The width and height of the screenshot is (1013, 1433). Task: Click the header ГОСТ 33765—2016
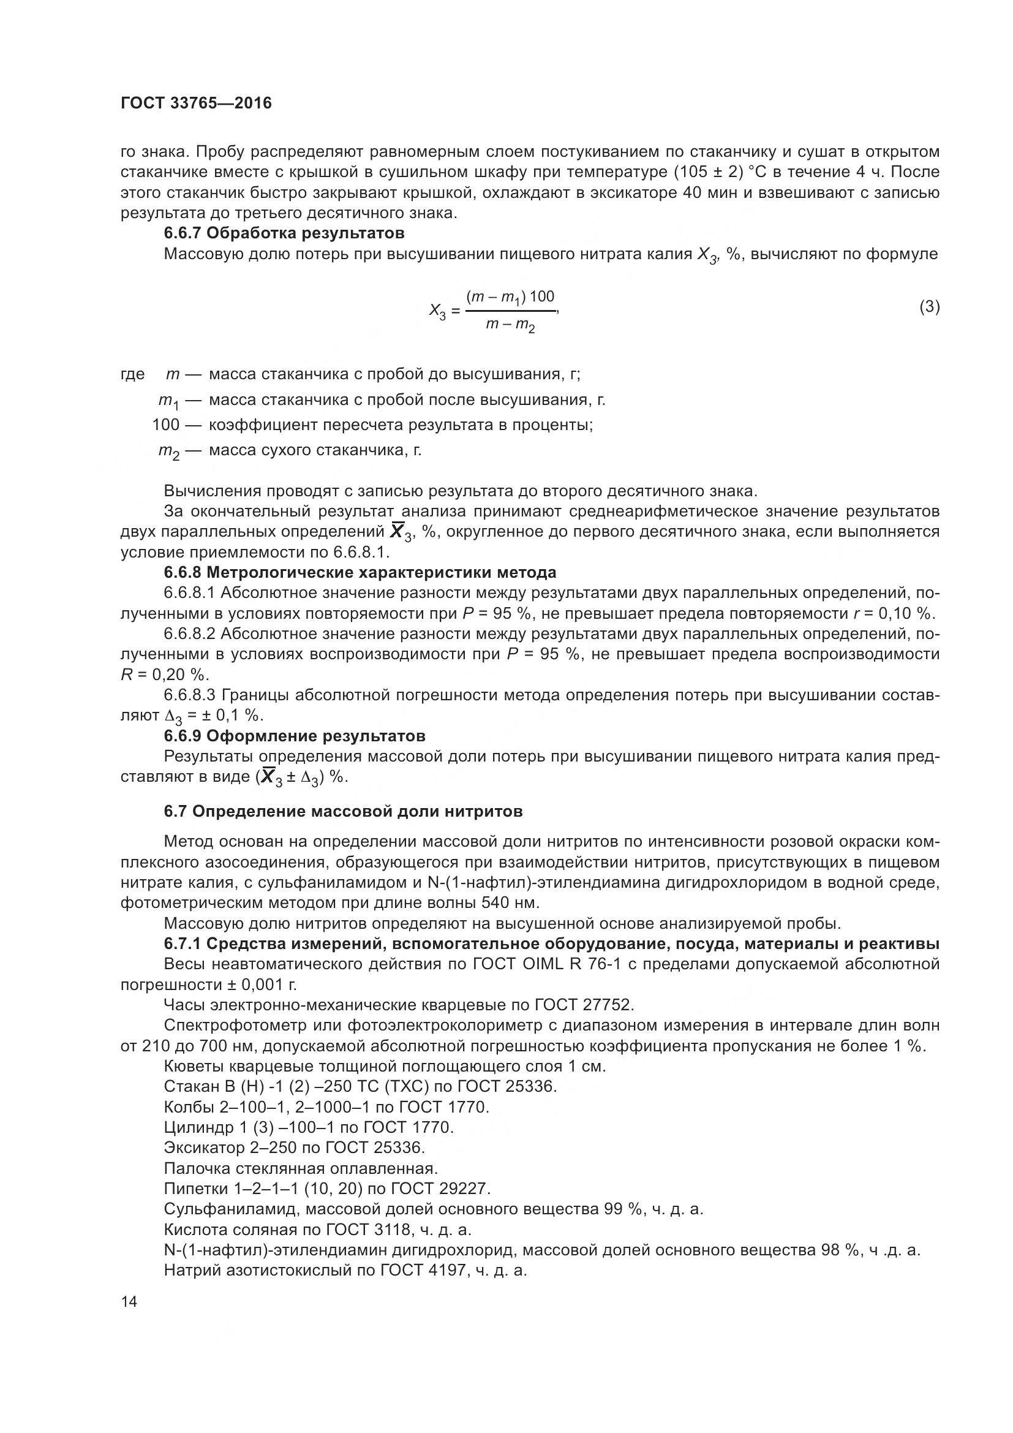click(x=197, y=104)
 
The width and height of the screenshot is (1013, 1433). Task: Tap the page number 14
click(x=129, y=1301)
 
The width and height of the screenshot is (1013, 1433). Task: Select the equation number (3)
click(x=930, y=306)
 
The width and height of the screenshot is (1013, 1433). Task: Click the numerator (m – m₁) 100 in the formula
click(x=510, y=297)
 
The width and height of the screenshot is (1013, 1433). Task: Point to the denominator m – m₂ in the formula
click(x=510, y=326)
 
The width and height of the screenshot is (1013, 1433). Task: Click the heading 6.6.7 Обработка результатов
click(x=284, y=233)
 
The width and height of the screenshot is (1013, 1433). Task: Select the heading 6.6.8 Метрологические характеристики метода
click(x=360, y=572)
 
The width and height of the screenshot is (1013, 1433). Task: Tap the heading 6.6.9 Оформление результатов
click(x=295, y=736)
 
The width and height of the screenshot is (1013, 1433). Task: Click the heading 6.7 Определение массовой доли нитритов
click(x=343, y=811)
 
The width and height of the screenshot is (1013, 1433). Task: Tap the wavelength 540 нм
click(x=510, y=903)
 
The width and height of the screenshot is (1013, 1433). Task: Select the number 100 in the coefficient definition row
click(x=165, y=425)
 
